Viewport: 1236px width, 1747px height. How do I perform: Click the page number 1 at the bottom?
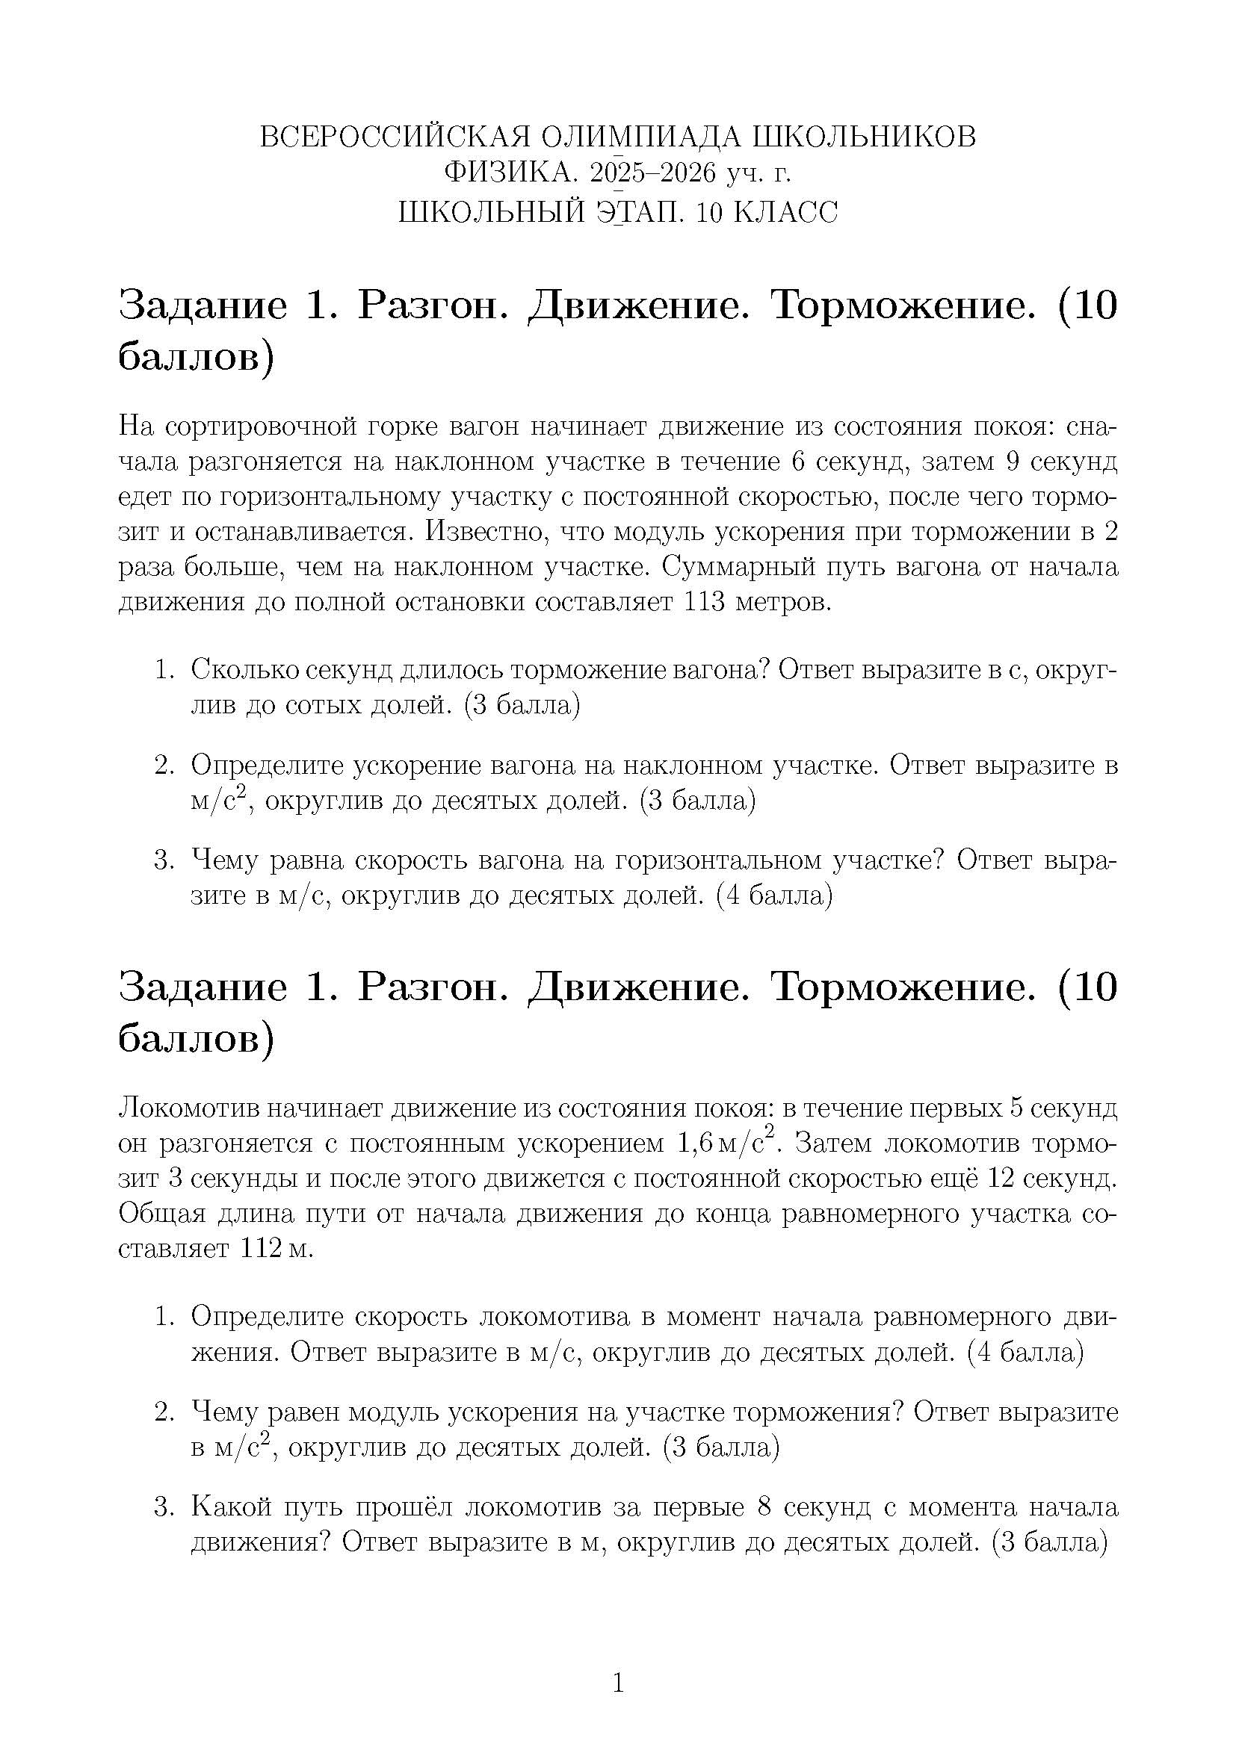618,1681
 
